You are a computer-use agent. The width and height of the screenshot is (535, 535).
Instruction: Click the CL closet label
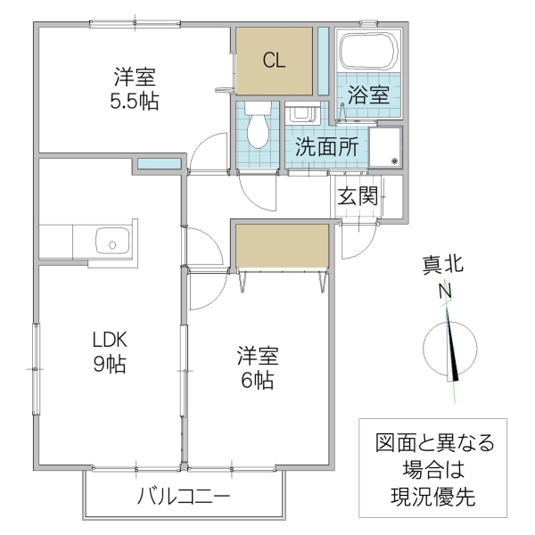[x=274, y=60]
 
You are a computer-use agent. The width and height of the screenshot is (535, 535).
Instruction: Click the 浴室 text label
[x=368, y=95]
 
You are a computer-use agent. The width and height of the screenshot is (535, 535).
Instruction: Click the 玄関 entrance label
[x=358, y=195]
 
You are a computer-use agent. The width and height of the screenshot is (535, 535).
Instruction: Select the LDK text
[x=111, y=340]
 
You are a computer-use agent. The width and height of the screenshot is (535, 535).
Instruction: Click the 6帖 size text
[x=256, y=380]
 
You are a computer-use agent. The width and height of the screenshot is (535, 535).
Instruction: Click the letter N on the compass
[x=443, y=292]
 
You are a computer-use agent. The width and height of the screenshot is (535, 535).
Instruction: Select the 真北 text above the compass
[x=443, y=265]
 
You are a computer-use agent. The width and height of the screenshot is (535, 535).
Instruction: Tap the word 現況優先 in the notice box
[x=433, y=497]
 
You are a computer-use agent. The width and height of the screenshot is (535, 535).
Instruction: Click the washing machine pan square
[x=387, y=147]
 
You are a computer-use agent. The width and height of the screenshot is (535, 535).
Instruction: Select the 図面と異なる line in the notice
[x=433, y=443]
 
